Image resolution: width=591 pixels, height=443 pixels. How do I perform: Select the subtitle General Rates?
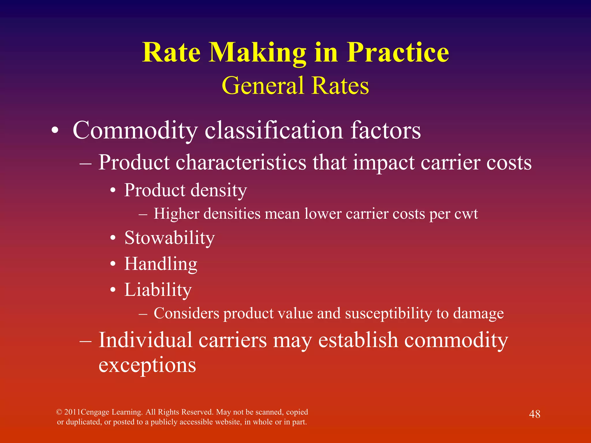[295, 86]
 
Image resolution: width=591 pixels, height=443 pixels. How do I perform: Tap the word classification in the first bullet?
[274, 131]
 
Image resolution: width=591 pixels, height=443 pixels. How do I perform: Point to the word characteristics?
[241, 162]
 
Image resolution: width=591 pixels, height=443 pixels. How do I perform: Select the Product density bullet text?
[186, 191]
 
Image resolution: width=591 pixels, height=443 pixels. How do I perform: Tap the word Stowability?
[170, 238]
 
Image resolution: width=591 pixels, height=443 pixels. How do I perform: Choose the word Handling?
[161, 264]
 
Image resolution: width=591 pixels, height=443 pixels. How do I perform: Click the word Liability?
[158, 290]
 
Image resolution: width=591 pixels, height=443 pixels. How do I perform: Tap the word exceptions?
[147, 365]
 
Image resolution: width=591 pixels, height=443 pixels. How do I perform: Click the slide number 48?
[534, 414]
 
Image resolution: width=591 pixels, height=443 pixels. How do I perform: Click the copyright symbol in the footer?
[59, 412]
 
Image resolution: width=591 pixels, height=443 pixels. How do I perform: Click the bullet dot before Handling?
[113, 264]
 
